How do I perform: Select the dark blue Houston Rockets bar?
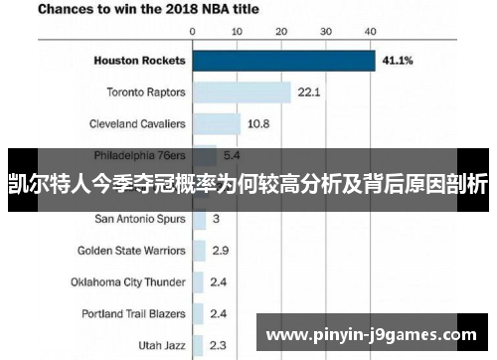click(x=283, y=61)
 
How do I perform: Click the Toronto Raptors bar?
click(x=242, y=92)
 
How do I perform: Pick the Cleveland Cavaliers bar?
click(x=217, y=124)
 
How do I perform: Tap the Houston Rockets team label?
click(x=139, y=61)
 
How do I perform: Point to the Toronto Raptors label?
click(x=146, y=92)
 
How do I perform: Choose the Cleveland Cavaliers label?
click(x=138, y=124)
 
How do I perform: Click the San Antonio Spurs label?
click(x=140, y=219)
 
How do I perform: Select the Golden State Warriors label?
click(x=131, y=251)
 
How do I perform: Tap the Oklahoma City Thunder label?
click(x=127, y=281)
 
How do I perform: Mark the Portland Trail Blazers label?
click(x=133, y=313)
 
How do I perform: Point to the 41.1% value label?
click(x=400, y=61)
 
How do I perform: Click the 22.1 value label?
click(x=308, y=92)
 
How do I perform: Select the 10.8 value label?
click(x=257, y=124)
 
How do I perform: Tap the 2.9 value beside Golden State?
click(x=220, y=251)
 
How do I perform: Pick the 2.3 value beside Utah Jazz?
click(x=219, y=345)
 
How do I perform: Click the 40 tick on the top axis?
click(x=370, y=32)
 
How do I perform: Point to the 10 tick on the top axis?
click(x=237, y=32)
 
